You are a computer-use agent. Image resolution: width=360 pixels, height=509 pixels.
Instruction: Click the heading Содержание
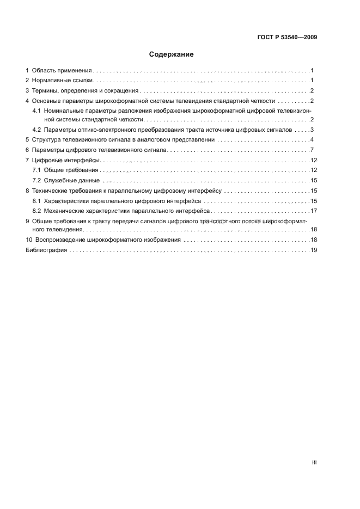coord(171,54)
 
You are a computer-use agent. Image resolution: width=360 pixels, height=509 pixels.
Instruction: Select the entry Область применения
coord(62,71)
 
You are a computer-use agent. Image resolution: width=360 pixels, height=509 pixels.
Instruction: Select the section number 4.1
coord(37,111)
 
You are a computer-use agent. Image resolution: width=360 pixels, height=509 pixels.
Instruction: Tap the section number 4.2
coord(37,130)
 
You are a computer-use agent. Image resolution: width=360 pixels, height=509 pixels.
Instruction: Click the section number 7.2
coord(37,180)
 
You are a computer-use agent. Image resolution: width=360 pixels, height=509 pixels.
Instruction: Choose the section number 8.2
coord(37,211)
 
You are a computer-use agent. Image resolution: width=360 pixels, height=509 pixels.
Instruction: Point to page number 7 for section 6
coord(312,150)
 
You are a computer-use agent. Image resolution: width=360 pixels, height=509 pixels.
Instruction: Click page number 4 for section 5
coord(312,140)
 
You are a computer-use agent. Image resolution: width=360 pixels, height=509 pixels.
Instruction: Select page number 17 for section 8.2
coord(314,211)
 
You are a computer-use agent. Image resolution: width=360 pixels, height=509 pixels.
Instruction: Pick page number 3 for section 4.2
coord(312,130)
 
